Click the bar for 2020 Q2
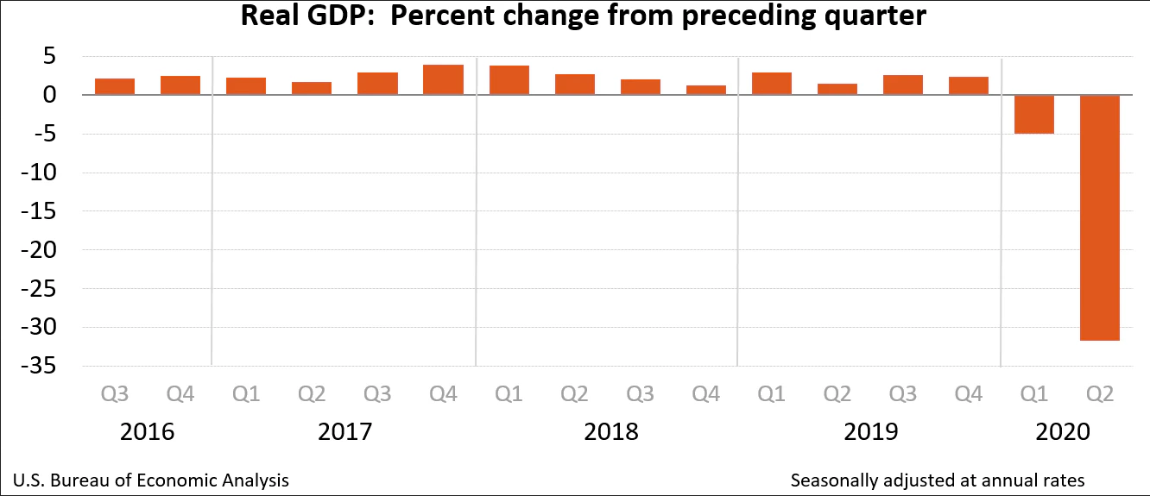[x=1100, y=217]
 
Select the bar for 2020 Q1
[x=1034, y=114]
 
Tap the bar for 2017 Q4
[x=443, y=79]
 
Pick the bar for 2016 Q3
[x=115, y=86]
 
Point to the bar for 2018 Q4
[x=705, y=90]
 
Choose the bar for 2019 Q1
[x=771, y=84]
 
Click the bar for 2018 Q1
[x=509, y=80]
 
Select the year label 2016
[x=148, y=430]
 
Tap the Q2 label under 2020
[x=1100, y=394]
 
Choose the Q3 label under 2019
[x=902, y=394]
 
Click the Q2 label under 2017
[x=312, y=394]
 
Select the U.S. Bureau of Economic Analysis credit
[x=152, y=480]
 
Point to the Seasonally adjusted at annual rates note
[x=938, y=480]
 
